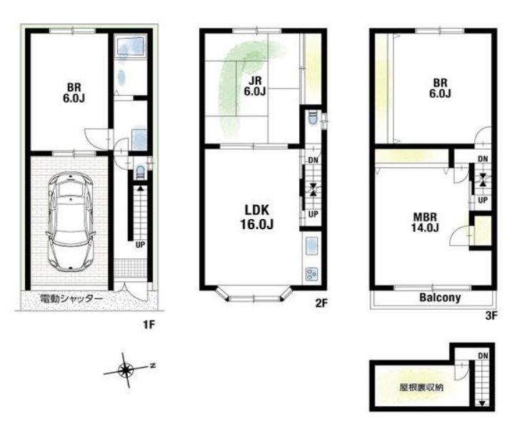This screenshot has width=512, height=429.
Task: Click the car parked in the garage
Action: (x=70, y=221)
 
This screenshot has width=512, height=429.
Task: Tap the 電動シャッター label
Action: (x=71, y=299)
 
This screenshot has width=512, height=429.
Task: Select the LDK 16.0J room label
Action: (x=257, y=217)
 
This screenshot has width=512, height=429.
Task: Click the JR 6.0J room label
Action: (x=255, y=86)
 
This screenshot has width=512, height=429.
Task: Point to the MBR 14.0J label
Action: (x=425, y=222)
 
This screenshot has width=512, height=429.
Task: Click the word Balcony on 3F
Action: (x=440, y=297)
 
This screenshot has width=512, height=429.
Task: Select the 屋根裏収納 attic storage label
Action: (x=421, y=388)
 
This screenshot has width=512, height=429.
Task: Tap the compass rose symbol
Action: (x=125, y=370)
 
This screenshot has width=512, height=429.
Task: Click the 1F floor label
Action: (x=149, y=325)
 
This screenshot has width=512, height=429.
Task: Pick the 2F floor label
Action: (x=321, y=303)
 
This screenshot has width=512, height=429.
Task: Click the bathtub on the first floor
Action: (x=130, y=48)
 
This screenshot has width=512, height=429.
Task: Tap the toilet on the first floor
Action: (x=140, y=172)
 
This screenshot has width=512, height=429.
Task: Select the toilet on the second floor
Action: (x=312, y=118)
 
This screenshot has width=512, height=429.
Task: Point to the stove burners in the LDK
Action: (x=311, y=274)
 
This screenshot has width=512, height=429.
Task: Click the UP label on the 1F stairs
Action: (x=140, y=244)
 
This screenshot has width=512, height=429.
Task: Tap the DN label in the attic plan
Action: (x=483, y=355)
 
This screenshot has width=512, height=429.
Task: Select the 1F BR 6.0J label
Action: (x=74, y=93)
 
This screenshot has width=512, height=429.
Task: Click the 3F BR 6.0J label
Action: (x=440, y=88)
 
